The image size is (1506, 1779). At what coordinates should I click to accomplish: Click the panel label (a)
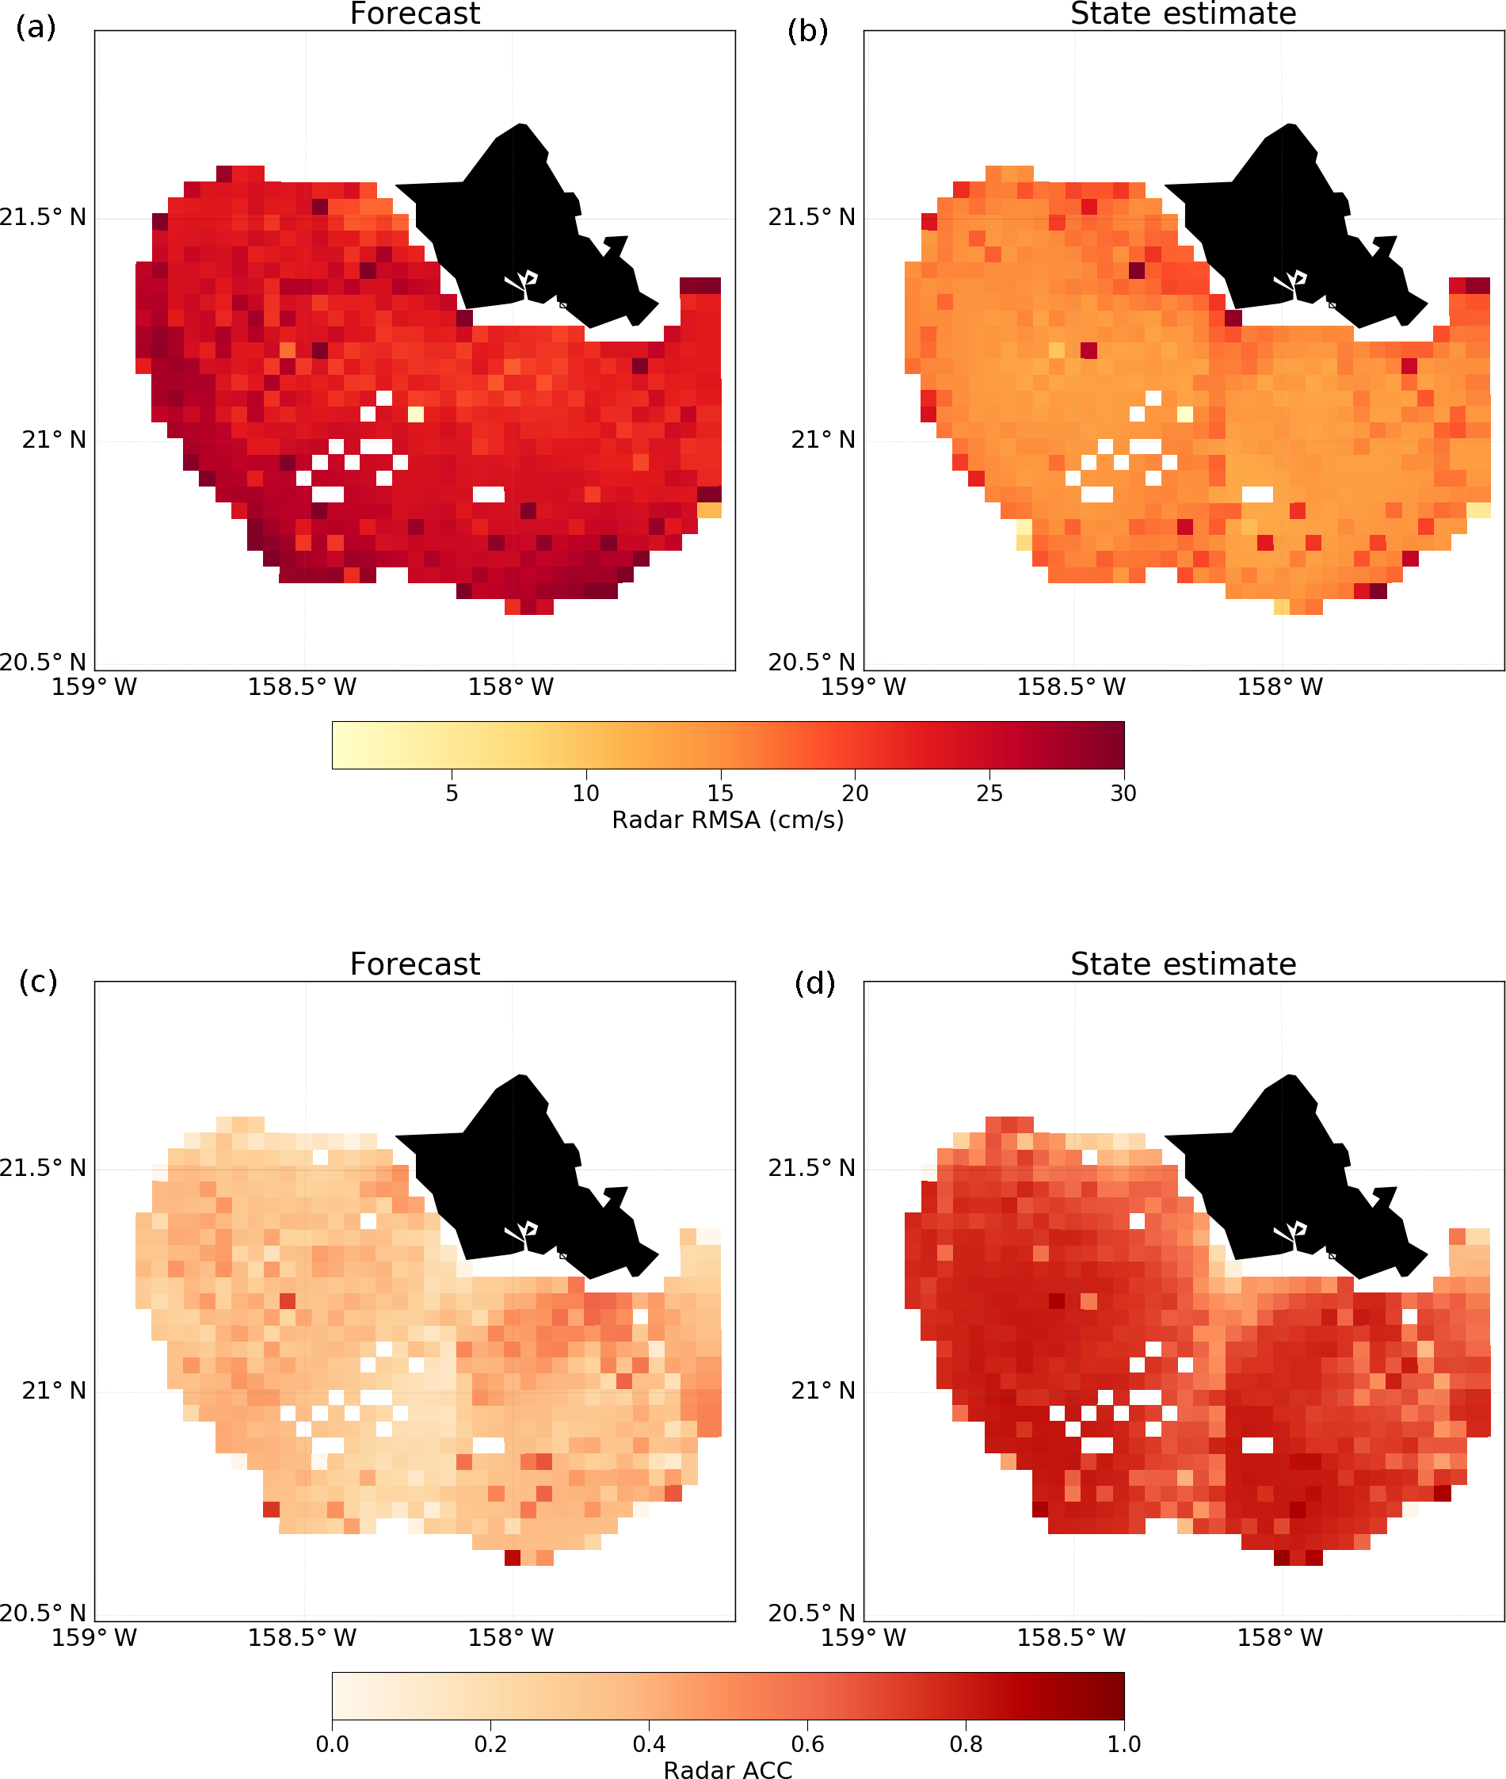tap(36, 27)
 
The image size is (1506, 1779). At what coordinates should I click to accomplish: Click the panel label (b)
tap(806, 31)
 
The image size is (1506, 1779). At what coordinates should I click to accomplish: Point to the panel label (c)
tap(37, 981)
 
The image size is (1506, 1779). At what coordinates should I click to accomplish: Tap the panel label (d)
tap(814, 983)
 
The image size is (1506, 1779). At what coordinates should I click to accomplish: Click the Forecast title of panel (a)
tap(415, 13)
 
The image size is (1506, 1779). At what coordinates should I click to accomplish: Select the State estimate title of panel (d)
tap(1184, 964)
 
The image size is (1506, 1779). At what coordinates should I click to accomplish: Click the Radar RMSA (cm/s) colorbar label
tap(727, 820)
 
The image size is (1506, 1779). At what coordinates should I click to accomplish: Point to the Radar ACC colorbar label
tap(727, 1769)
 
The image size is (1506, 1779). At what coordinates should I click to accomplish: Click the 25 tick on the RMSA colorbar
tap(989, 793)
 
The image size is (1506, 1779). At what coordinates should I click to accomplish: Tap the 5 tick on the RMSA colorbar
tap(452, 793)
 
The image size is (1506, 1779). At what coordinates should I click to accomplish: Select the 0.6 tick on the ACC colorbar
tap(806, 1743)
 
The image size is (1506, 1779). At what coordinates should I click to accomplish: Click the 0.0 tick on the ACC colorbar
tap(332, 1743)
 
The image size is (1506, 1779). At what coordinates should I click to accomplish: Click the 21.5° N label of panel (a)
tap(43, 217)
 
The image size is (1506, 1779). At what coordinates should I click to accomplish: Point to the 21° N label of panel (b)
tap(822, 440)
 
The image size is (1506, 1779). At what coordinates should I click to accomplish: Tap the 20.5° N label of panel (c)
tap(43, 1613)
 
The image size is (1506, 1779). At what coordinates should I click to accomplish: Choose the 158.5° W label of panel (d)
tap(1070, 1637)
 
